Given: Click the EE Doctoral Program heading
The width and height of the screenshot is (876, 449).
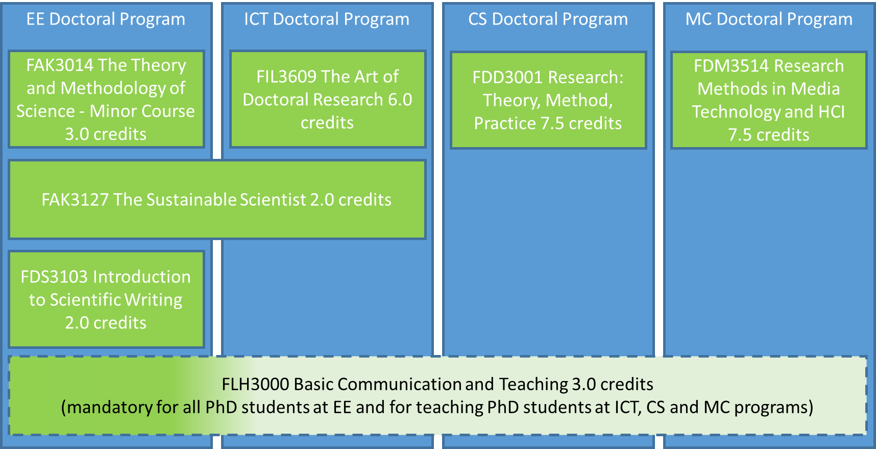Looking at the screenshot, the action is click(x=106, y=19).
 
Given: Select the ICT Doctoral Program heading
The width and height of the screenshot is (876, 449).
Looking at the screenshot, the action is click(x=327, y=19).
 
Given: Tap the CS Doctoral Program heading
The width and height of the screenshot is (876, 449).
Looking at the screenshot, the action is click(x=548, y=19).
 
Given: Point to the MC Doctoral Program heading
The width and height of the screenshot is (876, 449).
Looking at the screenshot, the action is click(x=769, y=19).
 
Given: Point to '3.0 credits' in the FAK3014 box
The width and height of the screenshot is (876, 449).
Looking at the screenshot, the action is click(x=106, y=134).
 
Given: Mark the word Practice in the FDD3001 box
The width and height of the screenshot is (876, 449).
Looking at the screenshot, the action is click(x=505, y=124).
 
